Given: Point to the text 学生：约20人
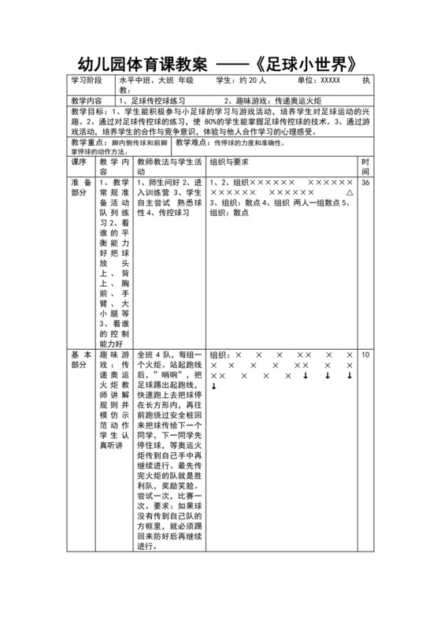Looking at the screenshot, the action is [x=241, y=80].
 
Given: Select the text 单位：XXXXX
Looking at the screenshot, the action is [x=319, y=80].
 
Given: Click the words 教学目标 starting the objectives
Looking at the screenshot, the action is [x=87, y=113].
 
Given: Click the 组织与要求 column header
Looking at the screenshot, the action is [x=229, y=162].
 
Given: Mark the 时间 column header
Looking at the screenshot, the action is [x=365, y=166].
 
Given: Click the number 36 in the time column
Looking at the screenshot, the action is [x=365, y=182].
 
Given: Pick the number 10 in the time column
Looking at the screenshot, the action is [x=365, y=355].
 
